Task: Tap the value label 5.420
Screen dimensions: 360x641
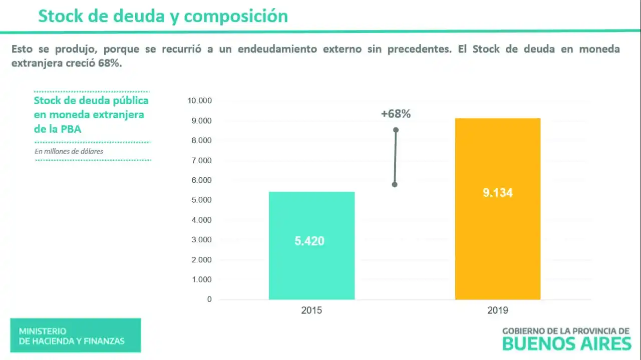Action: click(x=309, y=241)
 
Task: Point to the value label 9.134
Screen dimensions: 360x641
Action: click(x=497, y=193)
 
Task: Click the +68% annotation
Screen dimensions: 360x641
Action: click(x=396, y=114)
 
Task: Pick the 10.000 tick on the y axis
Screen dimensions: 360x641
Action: click(x=200, y=101)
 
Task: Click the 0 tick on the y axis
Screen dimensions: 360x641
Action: click(x=209, y=299)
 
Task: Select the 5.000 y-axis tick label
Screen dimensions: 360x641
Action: click(x=201, y=200)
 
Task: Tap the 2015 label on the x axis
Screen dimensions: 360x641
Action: click(x=311, y=310)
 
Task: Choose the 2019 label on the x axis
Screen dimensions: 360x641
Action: click(x=497, y=310)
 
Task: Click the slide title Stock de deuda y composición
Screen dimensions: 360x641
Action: click(x=163, y=16)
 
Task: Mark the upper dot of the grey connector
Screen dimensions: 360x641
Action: click(x=396, y=130)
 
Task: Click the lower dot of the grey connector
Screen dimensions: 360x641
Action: click(x=395, y=184)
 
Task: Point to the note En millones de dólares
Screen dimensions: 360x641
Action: click(x=69, y=151)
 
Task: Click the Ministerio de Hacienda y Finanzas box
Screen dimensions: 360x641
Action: click(x=75, y=336)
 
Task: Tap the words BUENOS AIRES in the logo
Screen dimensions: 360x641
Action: click(x=566, y=344)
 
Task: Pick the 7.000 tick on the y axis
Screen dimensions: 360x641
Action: click(x=201, y=160)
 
